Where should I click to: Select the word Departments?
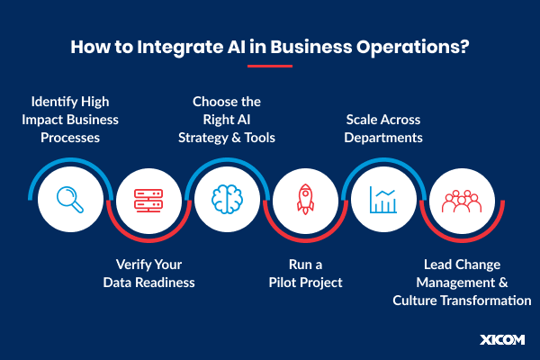[383, 138]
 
